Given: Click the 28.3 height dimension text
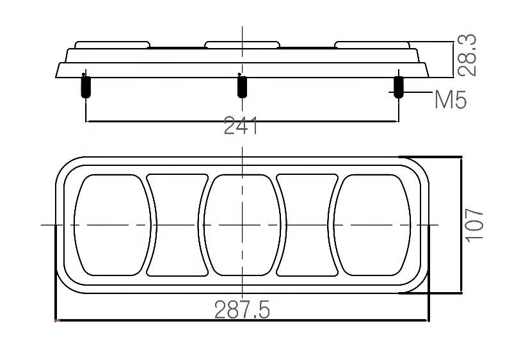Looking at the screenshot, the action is tap(468, 55).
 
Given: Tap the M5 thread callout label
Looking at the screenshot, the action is tap(451, 99).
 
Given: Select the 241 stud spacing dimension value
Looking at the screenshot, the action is tap(241, 126).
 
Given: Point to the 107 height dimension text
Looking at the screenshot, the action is tap(474, 225).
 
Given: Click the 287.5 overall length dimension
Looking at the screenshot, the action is tap(242, 310).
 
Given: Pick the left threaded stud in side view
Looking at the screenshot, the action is tap(86, 86).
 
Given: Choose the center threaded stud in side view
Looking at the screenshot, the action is tap(242, 86).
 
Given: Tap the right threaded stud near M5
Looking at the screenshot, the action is tap(398, 87).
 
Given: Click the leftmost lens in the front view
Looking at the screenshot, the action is tap(113, 225).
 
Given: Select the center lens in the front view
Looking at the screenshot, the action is tap(242, 225).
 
